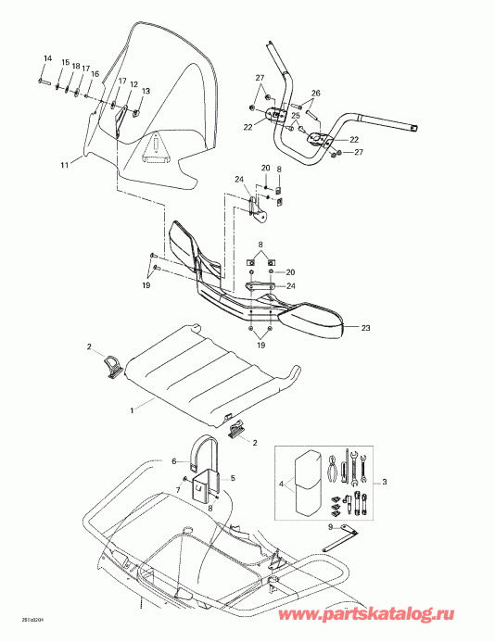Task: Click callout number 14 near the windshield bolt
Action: point(46,59)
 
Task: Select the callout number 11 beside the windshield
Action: point(64,165)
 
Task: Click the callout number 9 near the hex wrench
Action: point(329,527)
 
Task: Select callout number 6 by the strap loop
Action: point(172,460)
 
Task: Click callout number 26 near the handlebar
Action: point(315,94)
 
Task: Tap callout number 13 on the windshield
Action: point(145,91)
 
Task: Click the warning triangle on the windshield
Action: point(158,145)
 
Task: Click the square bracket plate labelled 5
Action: point(205,486)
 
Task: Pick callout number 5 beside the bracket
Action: point(234,478)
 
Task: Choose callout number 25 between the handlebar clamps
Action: point(295,116)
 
